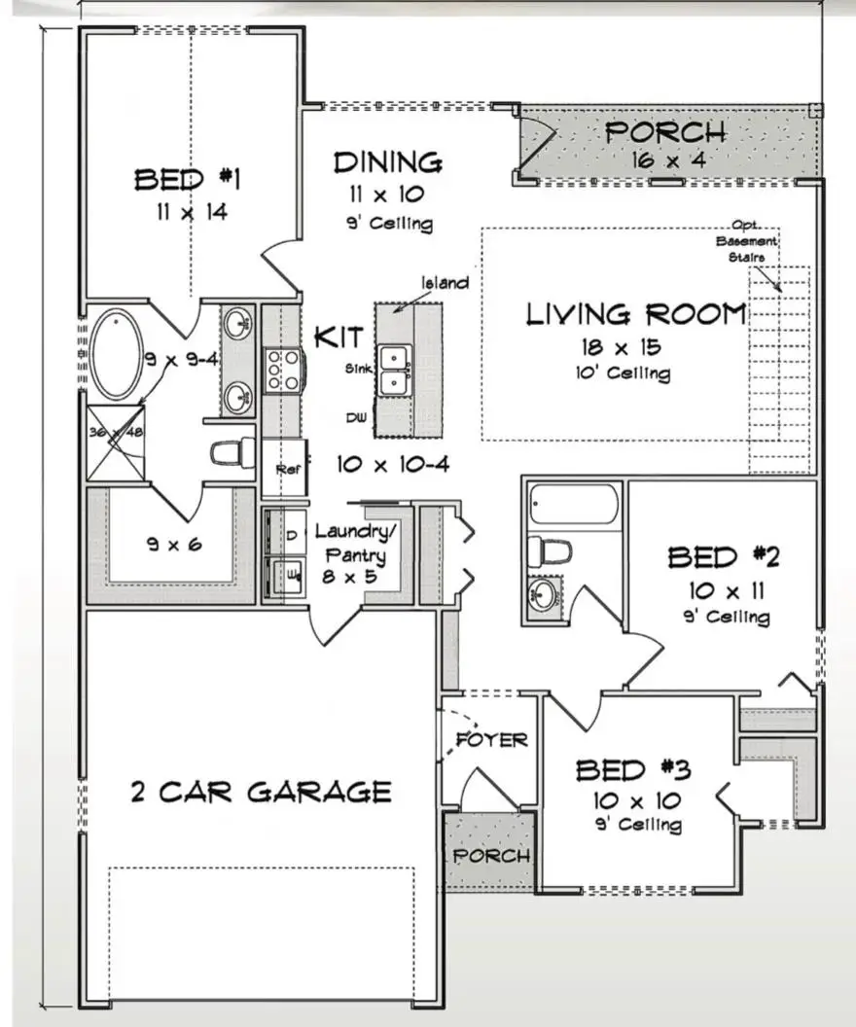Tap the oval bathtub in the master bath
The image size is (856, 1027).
coord(117,353)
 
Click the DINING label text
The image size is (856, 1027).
coord(387,161)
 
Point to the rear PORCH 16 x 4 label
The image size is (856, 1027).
coord(665,133)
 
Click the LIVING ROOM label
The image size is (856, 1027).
coord(636,315)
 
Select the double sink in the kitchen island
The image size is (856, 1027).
coord(394,370)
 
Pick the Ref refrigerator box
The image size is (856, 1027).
coord(285,469)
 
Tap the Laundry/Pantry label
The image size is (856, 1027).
coord(355,545)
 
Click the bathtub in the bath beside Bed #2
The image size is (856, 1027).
coord(574,506)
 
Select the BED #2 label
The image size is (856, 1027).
coord(716,558)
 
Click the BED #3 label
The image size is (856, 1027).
coord(633,771)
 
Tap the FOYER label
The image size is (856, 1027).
coord(491,740)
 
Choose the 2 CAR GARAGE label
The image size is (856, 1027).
coord(261,792)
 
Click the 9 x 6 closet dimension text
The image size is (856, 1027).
coord(174,545)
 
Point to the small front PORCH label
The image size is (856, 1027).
coord(491,856)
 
